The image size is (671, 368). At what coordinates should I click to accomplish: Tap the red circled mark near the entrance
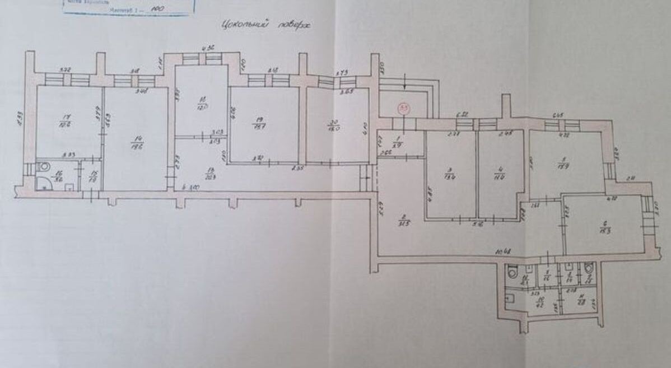click(x=403, y=107)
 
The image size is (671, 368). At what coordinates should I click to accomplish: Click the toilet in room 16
click(x=45, y=166)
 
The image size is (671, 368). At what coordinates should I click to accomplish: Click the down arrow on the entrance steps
click(x=405, y=84)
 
